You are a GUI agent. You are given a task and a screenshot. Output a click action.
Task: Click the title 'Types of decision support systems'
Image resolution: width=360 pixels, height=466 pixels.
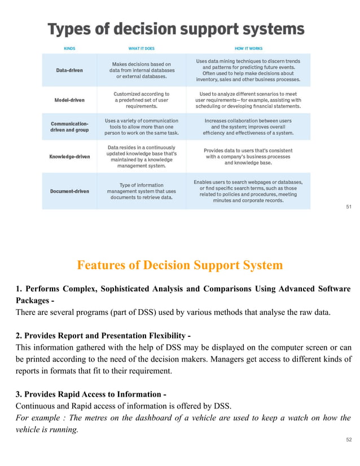175,29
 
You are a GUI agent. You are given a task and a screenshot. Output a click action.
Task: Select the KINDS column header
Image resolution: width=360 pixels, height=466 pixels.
69,49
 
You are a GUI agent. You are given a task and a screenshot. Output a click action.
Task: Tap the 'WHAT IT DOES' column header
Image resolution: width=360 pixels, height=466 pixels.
142,49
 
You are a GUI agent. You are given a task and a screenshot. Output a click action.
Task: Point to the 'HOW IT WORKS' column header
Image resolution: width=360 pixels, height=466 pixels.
248,49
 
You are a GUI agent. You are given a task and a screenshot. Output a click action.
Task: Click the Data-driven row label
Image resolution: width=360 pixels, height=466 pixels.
69,71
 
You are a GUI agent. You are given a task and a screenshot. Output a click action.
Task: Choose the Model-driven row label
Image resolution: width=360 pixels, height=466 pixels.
69,100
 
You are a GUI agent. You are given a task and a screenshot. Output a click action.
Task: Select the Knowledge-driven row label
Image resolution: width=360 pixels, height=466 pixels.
69,156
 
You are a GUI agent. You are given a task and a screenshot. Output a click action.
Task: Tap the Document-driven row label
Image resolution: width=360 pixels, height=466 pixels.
69,191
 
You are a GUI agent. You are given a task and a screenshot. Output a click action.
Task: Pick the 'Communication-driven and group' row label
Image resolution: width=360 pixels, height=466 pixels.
69,127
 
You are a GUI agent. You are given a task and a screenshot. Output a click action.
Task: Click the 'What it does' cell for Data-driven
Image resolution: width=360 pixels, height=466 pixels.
142,71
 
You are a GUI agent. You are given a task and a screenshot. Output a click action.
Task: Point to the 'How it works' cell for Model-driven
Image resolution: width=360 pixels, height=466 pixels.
248,100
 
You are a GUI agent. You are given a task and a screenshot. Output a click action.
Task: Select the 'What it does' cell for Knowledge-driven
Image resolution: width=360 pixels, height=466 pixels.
142,156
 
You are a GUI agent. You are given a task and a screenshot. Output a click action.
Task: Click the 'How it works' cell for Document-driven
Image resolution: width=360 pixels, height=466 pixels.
248,191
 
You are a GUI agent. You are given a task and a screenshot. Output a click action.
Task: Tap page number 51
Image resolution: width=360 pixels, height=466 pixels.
349,207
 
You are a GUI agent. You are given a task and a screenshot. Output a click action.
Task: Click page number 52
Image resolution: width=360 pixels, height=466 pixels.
349,454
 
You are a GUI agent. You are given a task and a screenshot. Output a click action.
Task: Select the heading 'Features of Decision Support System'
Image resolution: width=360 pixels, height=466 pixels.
179,265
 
